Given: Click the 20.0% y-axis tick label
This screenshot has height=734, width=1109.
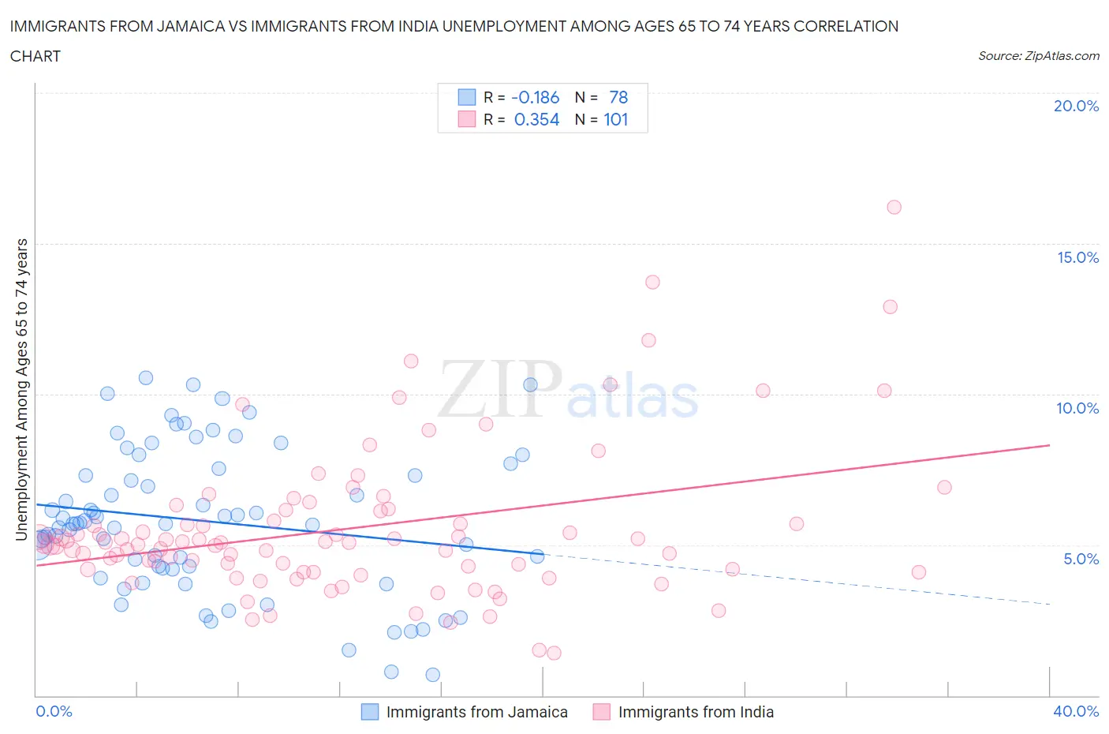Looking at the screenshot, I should (1076, 106).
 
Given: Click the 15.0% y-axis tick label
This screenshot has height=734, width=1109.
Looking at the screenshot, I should (1077, 257).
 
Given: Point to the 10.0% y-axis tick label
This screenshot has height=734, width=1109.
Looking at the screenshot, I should (1077, 408).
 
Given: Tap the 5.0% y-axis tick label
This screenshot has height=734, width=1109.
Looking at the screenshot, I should (1081, 559).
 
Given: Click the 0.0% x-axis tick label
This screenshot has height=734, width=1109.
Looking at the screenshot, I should (54, 711).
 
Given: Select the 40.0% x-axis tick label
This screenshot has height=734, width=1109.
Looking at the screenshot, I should (1076, 711).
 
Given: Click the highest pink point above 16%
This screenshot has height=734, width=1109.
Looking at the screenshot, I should (894, 208).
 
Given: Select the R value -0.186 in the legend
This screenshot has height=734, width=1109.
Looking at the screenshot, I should (536, 97).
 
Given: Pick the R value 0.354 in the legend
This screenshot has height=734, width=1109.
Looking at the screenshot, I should (536, 119).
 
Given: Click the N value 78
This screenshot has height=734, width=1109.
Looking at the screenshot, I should (618, 97).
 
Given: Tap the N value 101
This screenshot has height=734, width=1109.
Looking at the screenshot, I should (616, 119).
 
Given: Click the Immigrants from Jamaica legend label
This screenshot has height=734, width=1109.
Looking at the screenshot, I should (476, 712).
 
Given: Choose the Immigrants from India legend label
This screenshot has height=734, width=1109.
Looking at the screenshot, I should (696, 712).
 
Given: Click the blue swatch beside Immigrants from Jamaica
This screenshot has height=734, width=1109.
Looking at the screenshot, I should (370, 712).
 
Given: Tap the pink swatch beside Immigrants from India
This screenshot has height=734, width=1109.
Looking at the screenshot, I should (602, 712).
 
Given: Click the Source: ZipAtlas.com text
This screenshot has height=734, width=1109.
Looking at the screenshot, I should (1038, 56).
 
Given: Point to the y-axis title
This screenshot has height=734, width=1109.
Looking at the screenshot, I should (21, 389).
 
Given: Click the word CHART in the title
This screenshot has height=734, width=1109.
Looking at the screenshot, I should (35, 56).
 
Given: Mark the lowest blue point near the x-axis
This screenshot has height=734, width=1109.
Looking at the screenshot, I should (432, 675).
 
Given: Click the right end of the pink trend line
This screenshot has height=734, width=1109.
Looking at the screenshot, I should (1049, 445).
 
